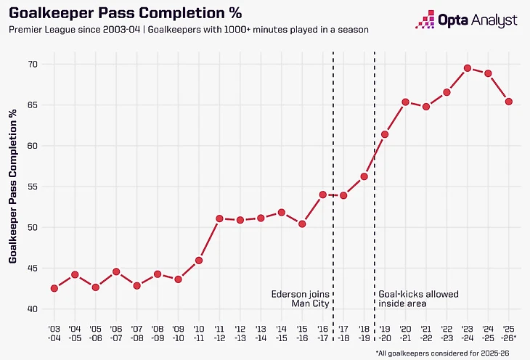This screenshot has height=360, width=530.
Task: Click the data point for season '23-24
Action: (x=468, y=68)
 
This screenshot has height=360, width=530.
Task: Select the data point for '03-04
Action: (x=54, y=288)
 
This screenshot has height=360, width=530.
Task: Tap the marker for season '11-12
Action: (x=219, y=218)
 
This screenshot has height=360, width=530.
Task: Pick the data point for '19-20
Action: (x=385, y=134)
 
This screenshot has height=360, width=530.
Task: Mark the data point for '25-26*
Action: (x=509, y=102)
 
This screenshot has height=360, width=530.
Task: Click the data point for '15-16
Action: (x=302, y=224)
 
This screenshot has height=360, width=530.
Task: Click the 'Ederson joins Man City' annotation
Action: (x=299, y=299)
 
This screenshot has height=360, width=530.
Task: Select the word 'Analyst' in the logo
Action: (x=494, y=20)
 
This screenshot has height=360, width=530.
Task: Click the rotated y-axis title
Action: (x=14, y=187)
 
